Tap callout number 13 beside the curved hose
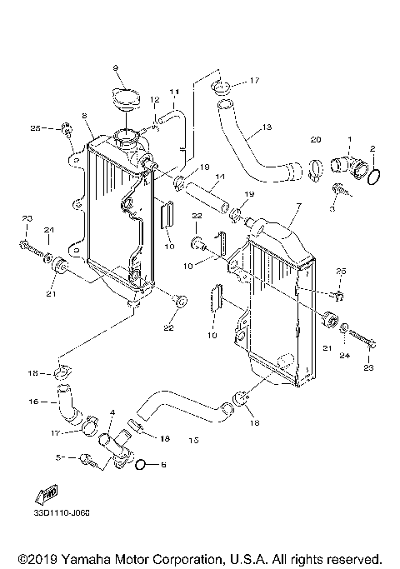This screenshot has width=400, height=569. [x=267, y=127]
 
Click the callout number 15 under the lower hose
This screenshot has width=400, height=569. [x=194, y=439]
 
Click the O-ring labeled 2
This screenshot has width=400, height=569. [x=374, y=177]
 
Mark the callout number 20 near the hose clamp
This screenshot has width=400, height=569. [x=315, y=138]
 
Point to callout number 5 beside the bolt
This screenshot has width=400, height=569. [x=59, y=457]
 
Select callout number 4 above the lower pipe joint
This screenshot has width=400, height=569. [x=112, y=412]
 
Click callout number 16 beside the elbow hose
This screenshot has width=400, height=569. [x=33, y=401]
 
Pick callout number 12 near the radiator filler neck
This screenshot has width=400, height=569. [x=154, y=100]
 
